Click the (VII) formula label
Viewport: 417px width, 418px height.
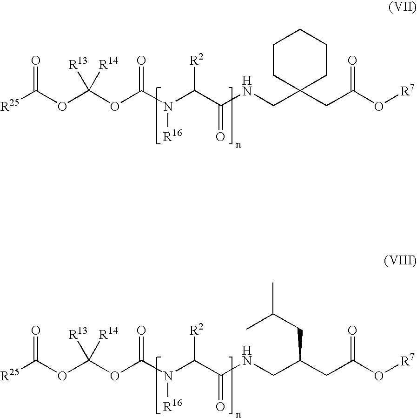coord(402,8)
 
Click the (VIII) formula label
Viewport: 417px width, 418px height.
coord(400,261)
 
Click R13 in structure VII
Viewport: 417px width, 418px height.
coord(78,63)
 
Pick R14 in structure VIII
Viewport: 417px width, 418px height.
coord(108,333)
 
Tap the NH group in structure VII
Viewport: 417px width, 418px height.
coord(247,86)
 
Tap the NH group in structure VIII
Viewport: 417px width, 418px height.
coord(247,356)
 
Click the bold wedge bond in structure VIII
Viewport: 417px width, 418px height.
coord(300,345)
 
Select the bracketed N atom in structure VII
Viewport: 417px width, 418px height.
coord(167,107)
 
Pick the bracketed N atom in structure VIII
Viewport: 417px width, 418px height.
coord(167,377)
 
